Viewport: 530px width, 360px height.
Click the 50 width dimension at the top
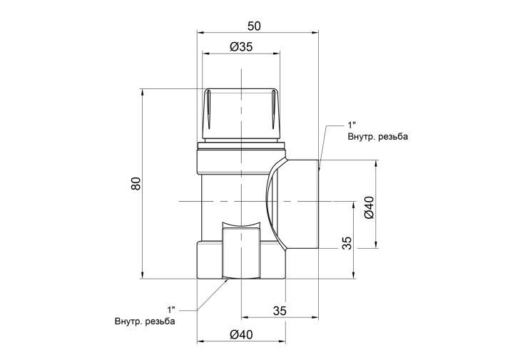[254, 26]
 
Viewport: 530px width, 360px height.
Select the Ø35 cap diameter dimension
[241, 46]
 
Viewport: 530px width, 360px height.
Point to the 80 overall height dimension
[136, 183]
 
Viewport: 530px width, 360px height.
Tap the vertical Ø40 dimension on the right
[370, 207]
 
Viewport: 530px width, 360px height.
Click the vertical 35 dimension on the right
[347, 243]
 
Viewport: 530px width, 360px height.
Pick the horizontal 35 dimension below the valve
[280, 310]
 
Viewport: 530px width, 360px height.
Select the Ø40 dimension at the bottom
[241, 334]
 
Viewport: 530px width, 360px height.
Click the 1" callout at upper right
[352, 125]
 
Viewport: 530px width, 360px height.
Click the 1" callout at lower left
[171, 309]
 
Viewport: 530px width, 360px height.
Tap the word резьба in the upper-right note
[393, 137]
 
